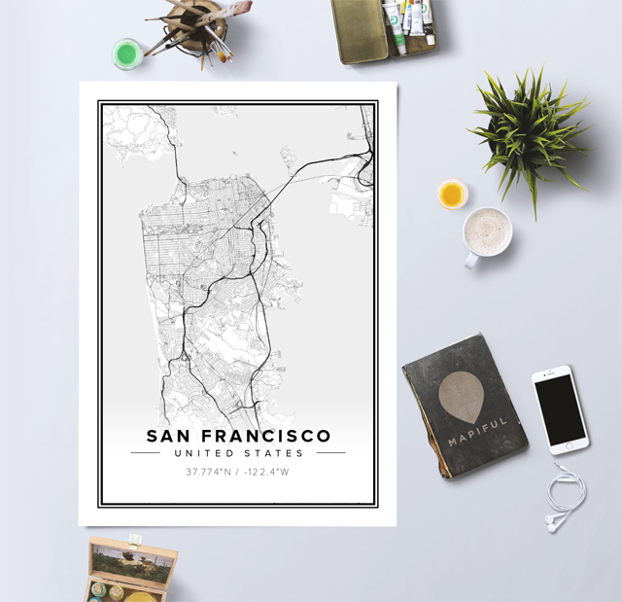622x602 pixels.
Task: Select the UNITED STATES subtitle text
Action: click(238, 453)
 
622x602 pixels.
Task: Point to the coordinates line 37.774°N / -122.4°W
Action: click(238, 473)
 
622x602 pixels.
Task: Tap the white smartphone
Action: click(561, 409)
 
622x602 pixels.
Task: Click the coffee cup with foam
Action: click(487, 231)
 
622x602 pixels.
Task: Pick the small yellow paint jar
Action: click(452, 194)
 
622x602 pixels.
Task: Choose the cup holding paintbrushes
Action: click(203, 23)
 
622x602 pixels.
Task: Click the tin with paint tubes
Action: click(384, 29)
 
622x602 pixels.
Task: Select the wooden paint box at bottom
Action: click(132, 570)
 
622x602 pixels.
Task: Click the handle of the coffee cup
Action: click(471, 260)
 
